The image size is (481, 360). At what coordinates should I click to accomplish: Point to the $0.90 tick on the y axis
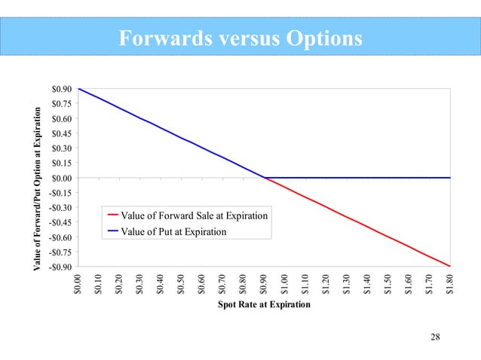[x=62, y=89]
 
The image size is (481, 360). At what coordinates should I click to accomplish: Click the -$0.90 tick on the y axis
[x=60, y=267]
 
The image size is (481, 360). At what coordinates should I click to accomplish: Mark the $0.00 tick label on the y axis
[x=62, y=178]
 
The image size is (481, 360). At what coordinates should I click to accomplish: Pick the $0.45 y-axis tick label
[x=62, y=133]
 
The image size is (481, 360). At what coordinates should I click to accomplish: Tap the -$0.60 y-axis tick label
[x=60, y=237]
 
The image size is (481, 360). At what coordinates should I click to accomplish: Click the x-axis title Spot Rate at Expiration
[x=264, y=306]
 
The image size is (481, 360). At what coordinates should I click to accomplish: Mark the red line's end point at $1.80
[x=450, y=266]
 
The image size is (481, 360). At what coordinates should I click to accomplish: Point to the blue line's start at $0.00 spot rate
[x=79, y=89]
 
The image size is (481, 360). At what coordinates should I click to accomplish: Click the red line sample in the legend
[x=114, y=216]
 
